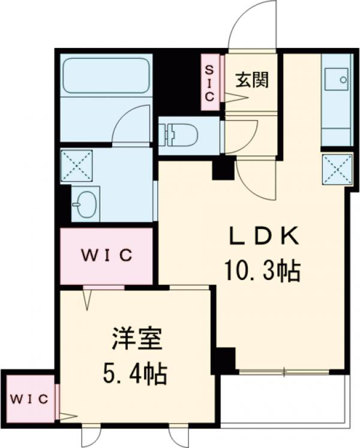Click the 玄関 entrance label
[251, 79]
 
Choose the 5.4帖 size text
[136, 376]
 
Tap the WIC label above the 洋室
[107, 255]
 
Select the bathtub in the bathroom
[106, 76]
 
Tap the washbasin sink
[86, 203]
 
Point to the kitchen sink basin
[336, 78]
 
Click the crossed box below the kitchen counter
[337, 170]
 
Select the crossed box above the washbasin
[77, 165]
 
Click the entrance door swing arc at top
[252, 24]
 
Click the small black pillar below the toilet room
[224, 169]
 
